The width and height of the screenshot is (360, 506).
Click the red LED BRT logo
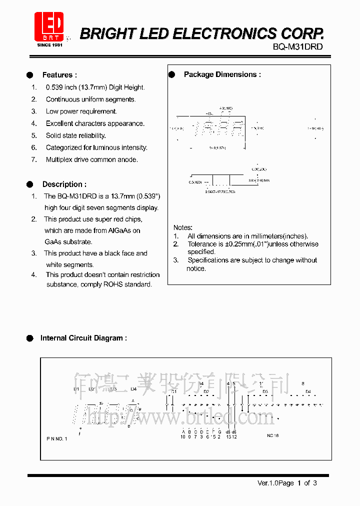coord(48,26)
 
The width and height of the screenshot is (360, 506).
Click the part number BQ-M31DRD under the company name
coord(298,47)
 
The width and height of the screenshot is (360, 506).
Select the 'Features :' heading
coord(59,75)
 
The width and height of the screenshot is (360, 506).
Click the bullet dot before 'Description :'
coord(30,184)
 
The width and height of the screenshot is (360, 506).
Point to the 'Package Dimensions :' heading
coord(222,74)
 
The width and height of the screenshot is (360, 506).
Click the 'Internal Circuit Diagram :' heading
coord(83,338)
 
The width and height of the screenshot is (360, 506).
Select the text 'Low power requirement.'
coord(81,111)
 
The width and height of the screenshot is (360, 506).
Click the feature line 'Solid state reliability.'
coord(75,135)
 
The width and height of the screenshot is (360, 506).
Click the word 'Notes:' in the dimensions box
coord(182,227)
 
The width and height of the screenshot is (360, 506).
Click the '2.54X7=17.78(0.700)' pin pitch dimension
coord(220,191)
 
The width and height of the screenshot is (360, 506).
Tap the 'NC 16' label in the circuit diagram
coord(272,435)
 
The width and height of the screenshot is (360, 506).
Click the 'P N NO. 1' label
coord(56,438)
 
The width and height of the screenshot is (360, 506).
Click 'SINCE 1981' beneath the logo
coord(49,44)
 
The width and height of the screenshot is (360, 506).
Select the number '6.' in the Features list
coord(34,147)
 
